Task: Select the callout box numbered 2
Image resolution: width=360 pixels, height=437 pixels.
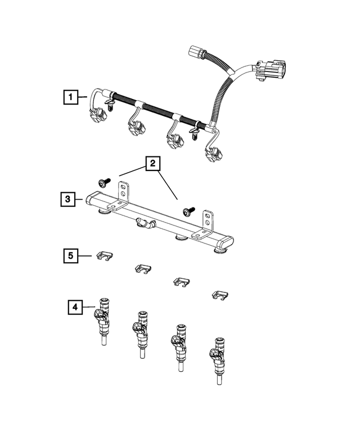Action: pyautogui.click(x=151, y=164)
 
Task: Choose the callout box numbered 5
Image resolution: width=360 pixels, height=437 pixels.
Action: pyautogui.click(x=70, y=256)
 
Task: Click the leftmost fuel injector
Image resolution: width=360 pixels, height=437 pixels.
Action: pyautogui.click(x=103, y=320)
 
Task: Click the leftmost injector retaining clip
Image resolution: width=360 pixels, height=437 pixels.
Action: pyautogui.click(x=105, y=256)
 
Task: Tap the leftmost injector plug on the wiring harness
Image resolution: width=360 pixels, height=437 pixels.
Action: pyautogui.click(x=98, y=115)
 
